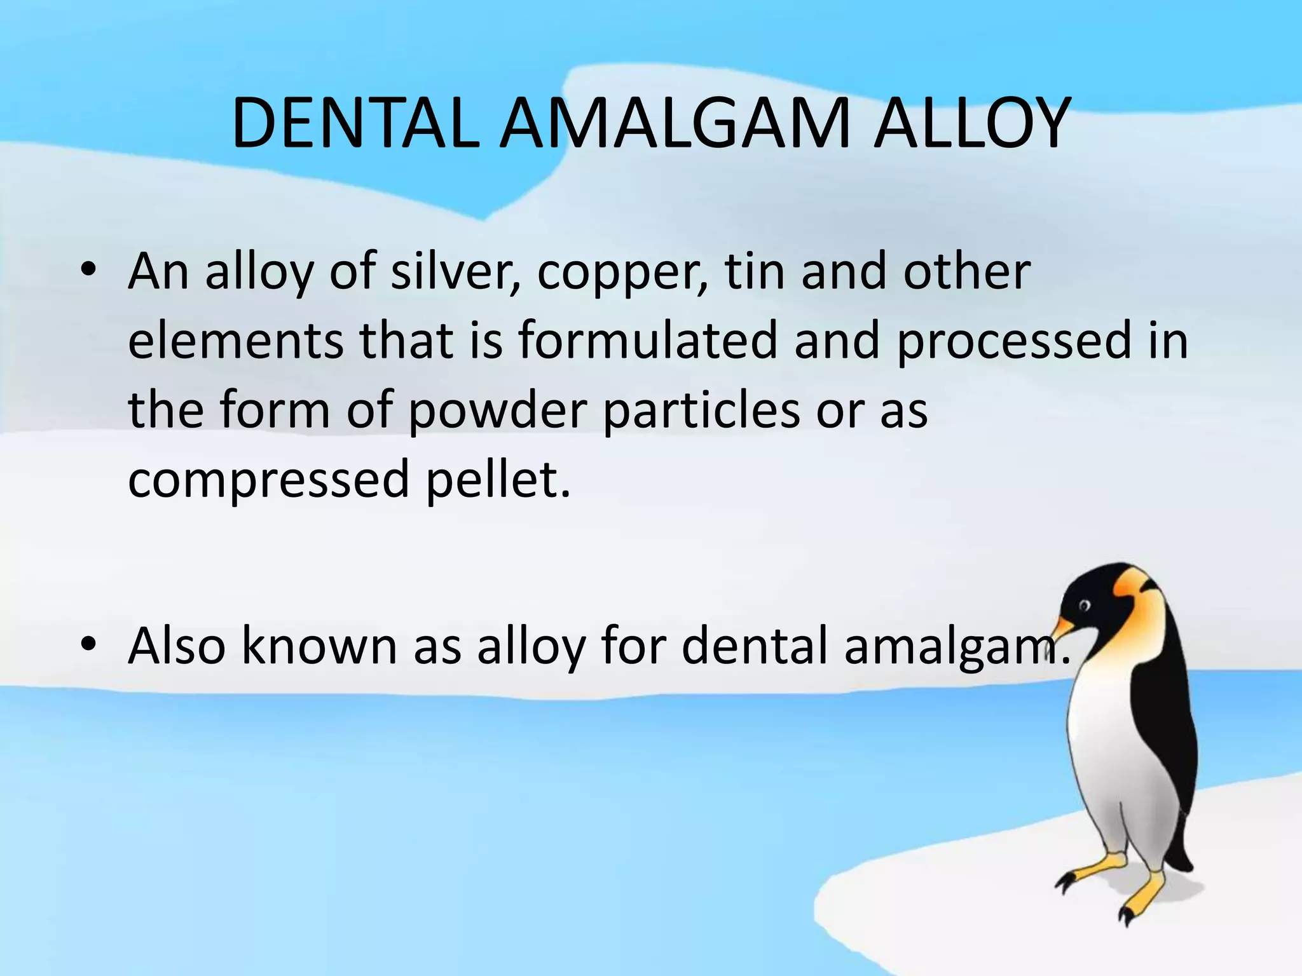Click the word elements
click(236, 341)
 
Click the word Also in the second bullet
click(177, 646)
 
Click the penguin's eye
click(1084, 605)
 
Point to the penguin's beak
click(1064, 627)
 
